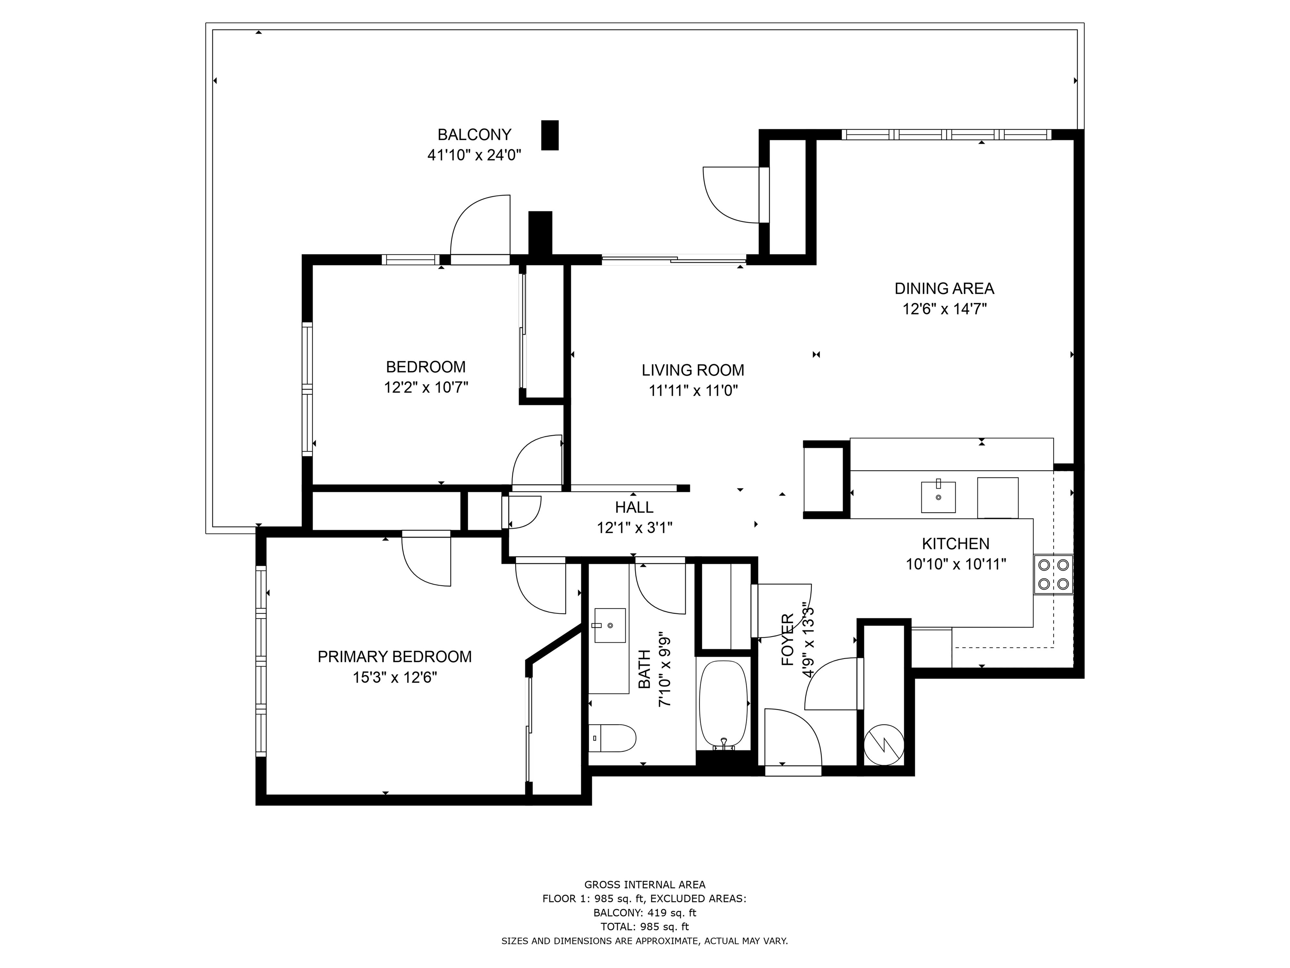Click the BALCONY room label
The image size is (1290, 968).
point(474,135)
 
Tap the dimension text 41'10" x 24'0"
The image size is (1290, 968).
point(474,155)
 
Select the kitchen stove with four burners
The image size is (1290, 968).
point(1053,574)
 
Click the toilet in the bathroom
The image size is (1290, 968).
point(612,738)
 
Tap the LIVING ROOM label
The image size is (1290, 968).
point(693,370)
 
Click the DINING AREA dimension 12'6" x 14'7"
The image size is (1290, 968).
point(944,309)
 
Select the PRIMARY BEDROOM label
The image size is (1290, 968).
point(394,657)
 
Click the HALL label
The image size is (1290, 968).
point(634,507)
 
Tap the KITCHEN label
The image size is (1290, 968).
point(955,544)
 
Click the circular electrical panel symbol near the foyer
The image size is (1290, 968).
point(884,745)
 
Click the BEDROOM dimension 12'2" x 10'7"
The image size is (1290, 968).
point(426,388)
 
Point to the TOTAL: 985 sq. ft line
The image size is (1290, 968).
point(644,927)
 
